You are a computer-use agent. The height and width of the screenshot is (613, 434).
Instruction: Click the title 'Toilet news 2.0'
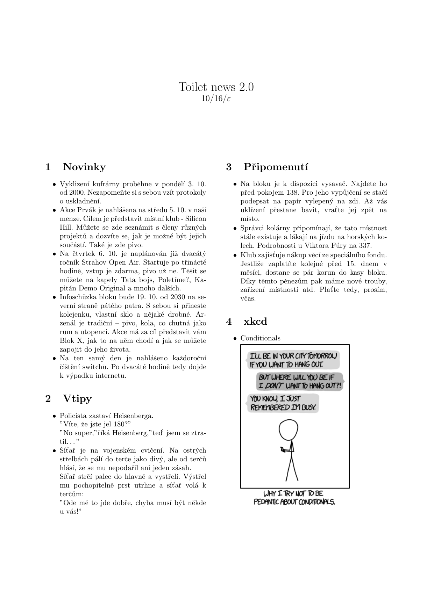click(x=216, y=87)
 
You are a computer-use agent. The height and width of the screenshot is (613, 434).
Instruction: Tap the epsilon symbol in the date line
click(x=228, y=99)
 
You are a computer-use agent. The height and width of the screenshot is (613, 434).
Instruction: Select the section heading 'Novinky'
click(x=84, y=167)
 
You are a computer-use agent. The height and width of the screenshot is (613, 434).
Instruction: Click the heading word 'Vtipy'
click(x=77, y=398)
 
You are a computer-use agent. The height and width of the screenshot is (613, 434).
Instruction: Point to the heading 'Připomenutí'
click(x=276, y=167)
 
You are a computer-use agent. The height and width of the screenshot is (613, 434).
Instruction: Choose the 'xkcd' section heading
click(x=255, y=322)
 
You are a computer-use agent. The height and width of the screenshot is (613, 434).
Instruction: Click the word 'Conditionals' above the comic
click(x=260, y=338)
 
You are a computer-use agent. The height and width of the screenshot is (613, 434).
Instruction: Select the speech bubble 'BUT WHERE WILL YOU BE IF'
click(x=299, y=382)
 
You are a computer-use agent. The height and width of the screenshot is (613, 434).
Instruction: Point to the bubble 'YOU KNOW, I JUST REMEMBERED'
click(x=283, y=403)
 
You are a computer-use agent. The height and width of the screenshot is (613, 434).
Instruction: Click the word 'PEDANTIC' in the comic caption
click(x=266, y=502)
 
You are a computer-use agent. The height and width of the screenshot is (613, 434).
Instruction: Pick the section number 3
click(x=229, y=167)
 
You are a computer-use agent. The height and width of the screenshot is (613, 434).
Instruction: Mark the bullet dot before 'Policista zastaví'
click(x=55, y=416)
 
